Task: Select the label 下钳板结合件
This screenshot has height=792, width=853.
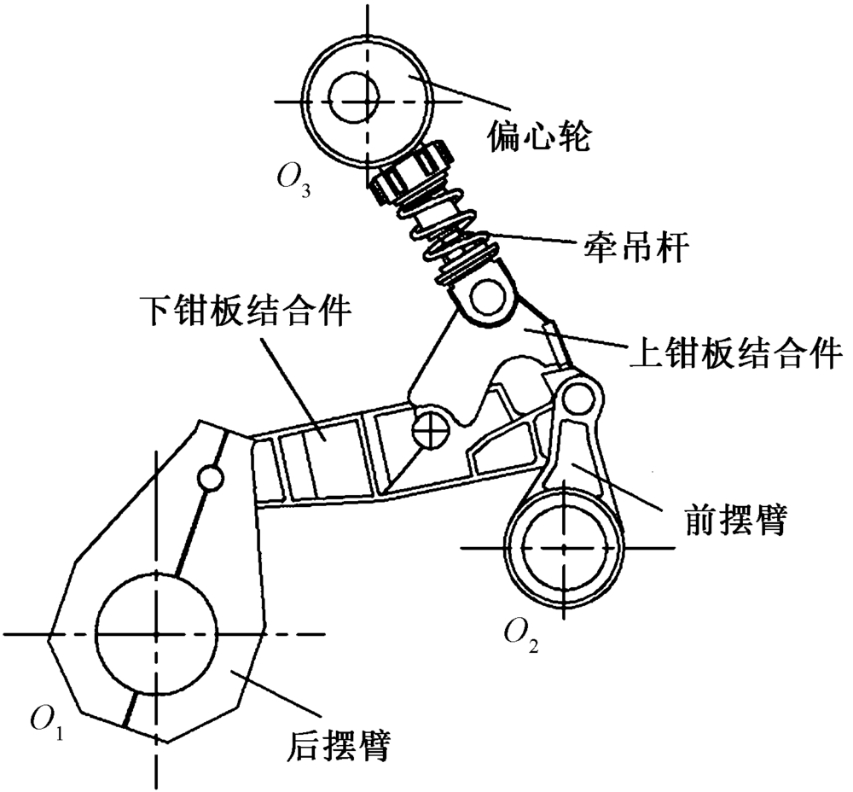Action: click(245, 312)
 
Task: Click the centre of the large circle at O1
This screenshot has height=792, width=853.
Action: click(155, 634)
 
